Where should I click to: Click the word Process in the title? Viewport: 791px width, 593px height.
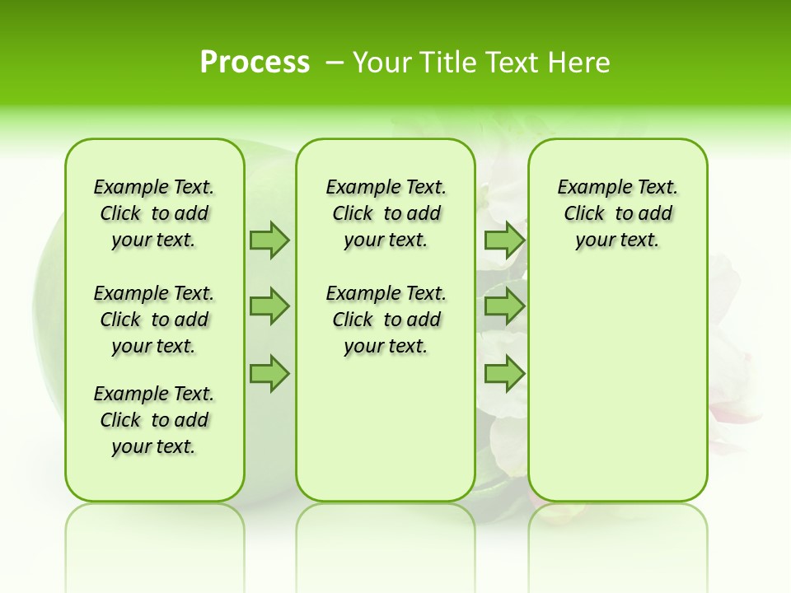tap(255, 63)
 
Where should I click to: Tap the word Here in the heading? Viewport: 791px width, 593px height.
tap(578, 63)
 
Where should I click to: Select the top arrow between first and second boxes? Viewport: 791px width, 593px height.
tap(269, 240)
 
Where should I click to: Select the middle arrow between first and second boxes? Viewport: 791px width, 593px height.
tap(269, 306)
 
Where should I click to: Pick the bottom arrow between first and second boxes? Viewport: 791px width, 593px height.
tap(269, 374)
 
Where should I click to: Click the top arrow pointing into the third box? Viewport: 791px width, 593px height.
tap(504, 240)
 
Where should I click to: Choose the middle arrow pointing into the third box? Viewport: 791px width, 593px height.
tap(504, 306)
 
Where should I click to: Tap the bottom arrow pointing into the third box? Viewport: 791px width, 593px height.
tap(504, 374)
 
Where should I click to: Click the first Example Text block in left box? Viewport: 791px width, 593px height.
tap(154, 213)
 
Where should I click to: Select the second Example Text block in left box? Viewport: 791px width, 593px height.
tap(154, 320)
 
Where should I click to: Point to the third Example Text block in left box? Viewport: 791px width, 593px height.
tap(154, 420)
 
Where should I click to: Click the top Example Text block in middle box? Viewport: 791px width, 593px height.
tap(386, 213)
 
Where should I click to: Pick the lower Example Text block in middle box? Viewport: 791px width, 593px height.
tap(386, 320)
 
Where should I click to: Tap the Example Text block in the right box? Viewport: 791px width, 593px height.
tap(617, 213)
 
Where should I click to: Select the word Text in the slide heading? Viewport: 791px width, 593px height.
tap(509, 63)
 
